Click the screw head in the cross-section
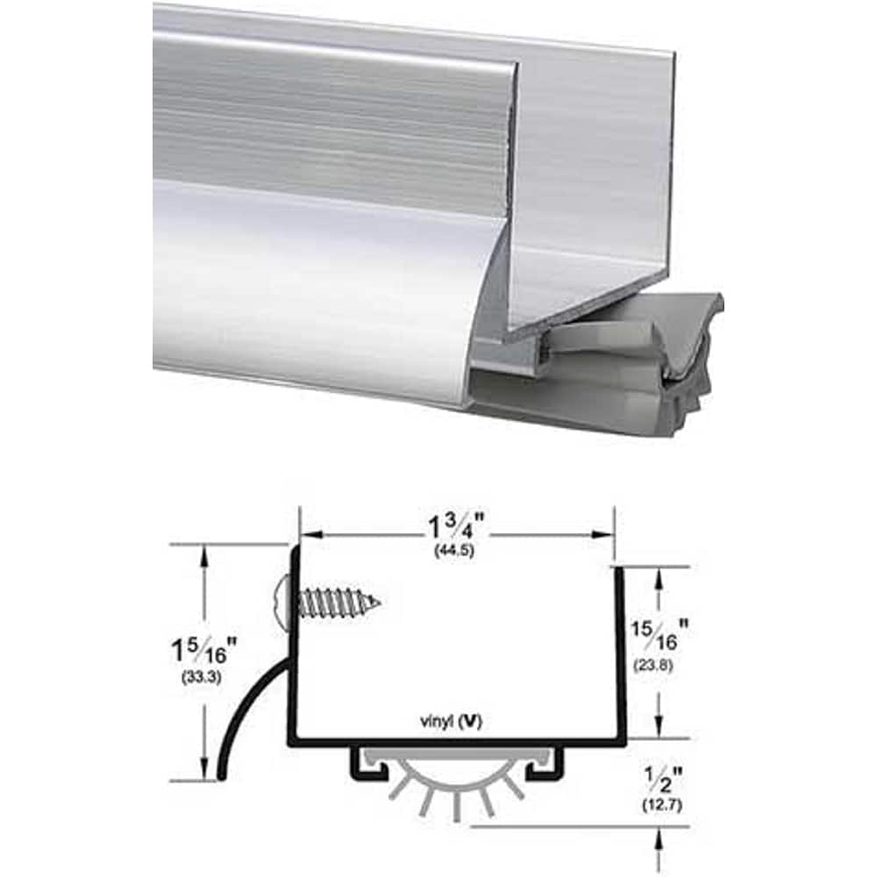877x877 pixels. [x=279, y=602]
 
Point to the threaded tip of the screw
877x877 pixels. [x=372, y=602]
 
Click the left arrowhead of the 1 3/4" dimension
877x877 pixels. [x=308, y=532]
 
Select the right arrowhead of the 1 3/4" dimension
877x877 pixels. [x=605, y=532]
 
